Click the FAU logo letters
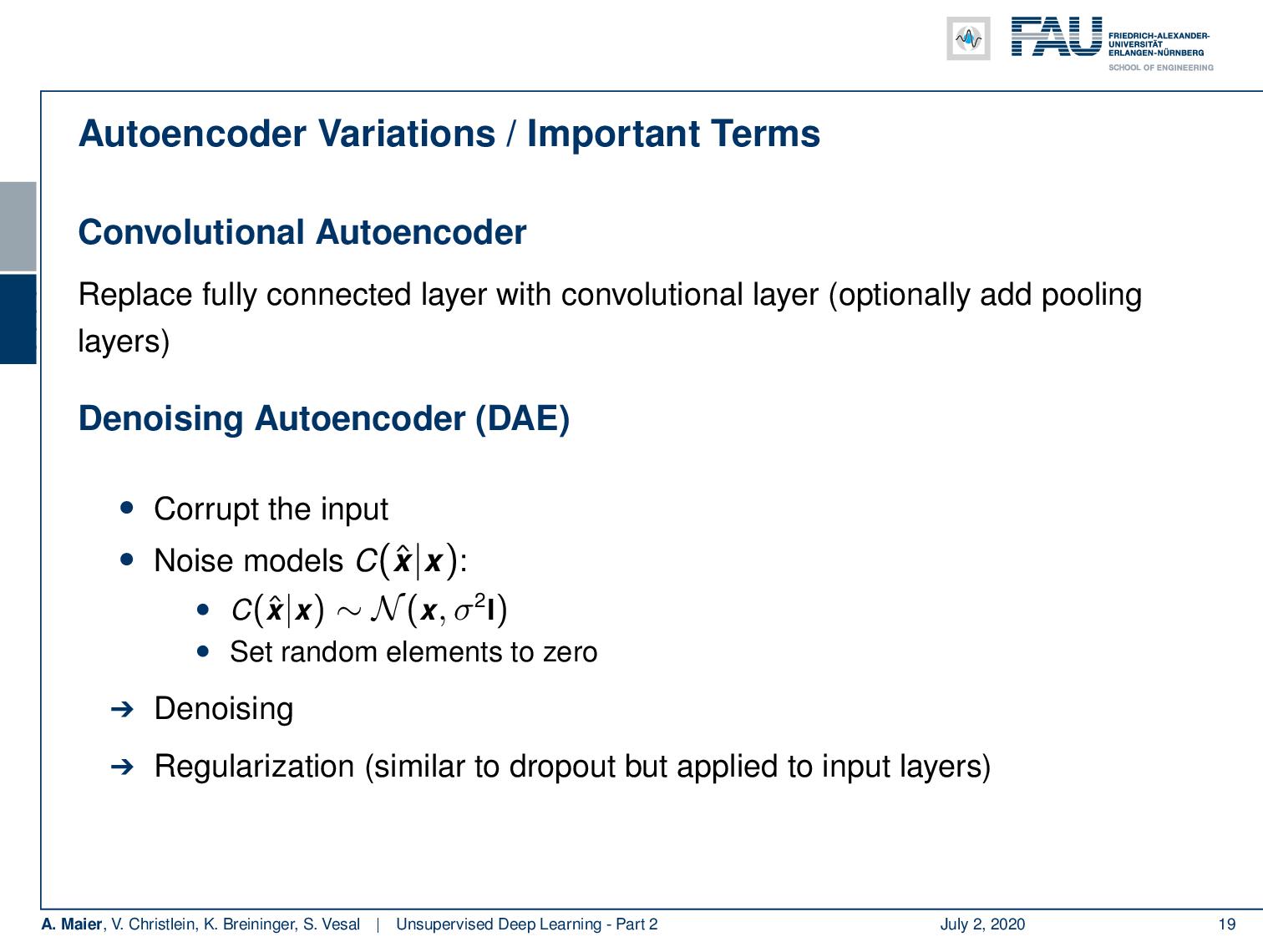[1056, 38]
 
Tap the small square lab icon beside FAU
[968, 38]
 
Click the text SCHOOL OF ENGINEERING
[1160, 68]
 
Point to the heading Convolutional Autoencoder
[302, 232]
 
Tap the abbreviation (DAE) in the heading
[522, 418]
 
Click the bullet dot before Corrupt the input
[126, 507]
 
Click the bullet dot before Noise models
[126, 559]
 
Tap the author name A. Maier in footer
[72, 924]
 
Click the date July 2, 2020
[982, 924]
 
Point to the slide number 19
[1226, 924]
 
